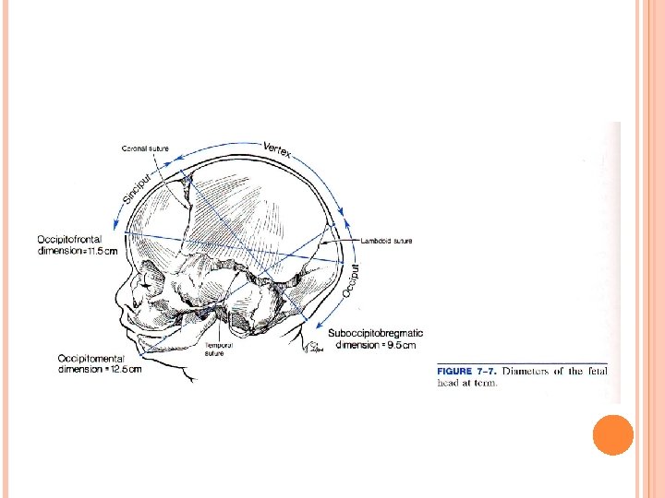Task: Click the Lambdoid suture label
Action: pyautogui.click(x=387, y=242)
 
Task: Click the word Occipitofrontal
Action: pyautogui.click(x=75, y=240)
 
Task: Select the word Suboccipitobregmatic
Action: pyautogui.click(x=376, y=334)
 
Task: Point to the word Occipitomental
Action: pyautogui.click(x=93, y=359)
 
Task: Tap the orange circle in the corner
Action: pyautogui.click(x=612, y=434)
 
